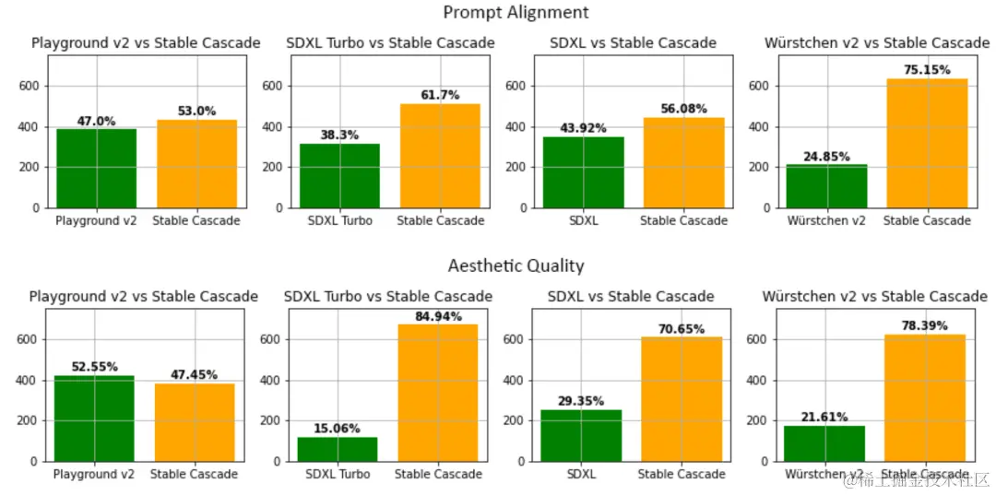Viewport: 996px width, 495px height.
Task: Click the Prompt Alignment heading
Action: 516,12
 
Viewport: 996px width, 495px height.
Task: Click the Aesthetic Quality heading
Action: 516,265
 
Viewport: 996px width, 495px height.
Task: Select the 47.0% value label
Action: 97,121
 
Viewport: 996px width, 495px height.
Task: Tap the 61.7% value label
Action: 441,95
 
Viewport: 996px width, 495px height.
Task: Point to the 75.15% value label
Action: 927,70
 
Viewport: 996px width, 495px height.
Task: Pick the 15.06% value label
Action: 338,429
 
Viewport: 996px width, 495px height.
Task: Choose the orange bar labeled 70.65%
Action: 682,398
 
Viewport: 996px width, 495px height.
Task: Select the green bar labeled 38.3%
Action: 339,175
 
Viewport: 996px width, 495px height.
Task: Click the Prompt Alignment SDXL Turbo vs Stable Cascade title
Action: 390,42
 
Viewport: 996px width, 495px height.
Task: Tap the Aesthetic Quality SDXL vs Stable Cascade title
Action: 631,296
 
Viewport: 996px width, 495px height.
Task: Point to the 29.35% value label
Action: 581,401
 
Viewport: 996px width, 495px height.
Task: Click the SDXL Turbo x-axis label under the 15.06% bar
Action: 338,474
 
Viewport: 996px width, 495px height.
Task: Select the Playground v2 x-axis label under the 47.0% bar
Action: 97,220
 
